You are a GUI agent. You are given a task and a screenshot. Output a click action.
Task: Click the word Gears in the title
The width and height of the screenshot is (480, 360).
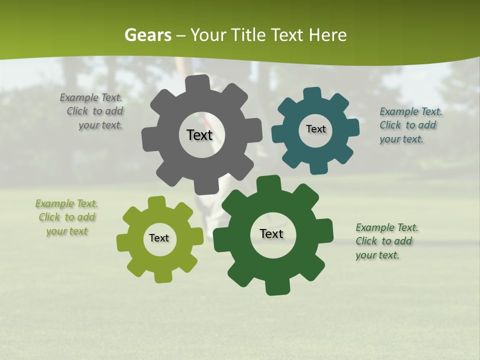[x=147, y=35]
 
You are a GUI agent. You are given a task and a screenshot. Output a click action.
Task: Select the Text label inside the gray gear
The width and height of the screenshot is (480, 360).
[x=199, y=135]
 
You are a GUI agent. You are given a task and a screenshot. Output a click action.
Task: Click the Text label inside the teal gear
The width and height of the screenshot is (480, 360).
[x=315, y=129]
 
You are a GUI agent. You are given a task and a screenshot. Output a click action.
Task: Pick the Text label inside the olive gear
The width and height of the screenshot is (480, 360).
[x=159, y=238]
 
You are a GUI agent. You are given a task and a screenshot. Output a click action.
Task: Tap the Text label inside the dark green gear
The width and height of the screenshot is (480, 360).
[x=271, y=233]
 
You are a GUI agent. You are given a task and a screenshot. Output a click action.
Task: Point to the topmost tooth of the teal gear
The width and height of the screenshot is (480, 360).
[x=312, y=94]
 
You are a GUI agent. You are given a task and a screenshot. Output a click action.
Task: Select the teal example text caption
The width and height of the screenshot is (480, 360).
[x=410, y=125]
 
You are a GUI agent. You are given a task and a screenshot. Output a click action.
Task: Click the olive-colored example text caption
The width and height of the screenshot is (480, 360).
[x=66, y=217]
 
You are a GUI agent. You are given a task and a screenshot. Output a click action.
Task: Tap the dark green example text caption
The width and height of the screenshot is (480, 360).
[x=386, y=241]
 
